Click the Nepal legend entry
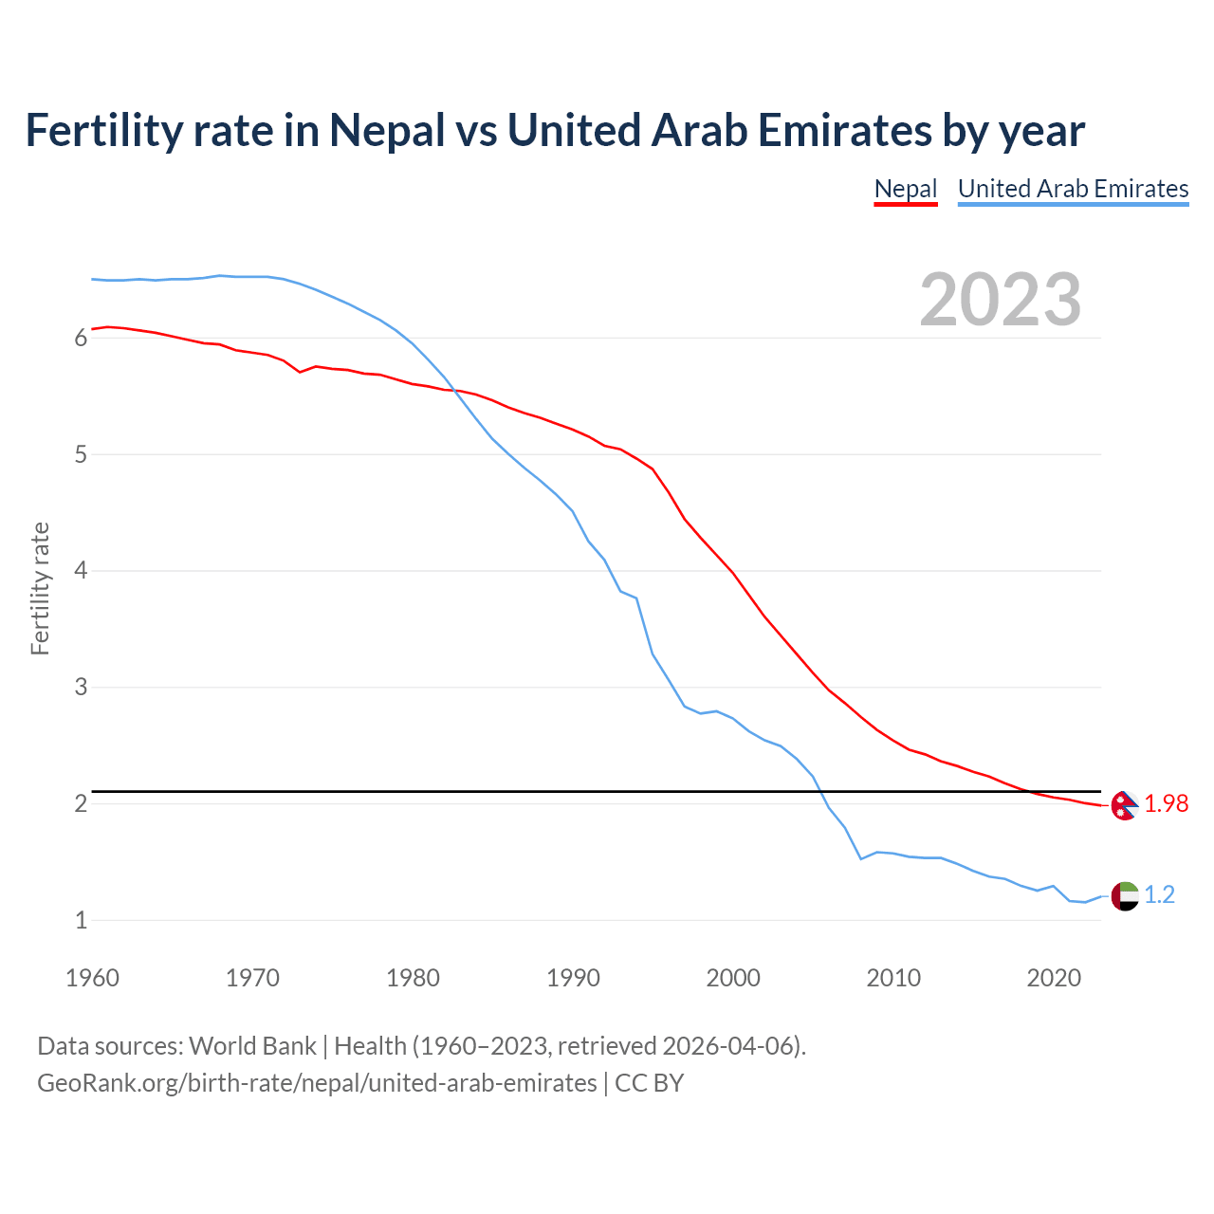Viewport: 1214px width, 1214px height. point(905,189)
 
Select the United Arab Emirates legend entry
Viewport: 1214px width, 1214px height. point(1073,189)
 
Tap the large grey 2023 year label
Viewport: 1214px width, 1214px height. point(1000,300)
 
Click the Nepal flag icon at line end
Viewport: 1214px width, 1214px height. point(1124,805)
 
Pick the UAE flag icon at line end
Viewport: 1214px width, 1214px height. point(1124,895)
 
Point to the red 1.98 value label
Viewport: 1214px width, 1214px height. point(1166,804)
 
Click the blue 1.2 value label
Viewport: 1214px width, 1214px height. point(1159,895)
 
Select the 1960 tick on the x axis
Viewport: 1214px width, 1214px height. point(92,978)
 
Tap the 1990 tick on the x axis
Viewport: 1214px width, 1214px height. point(573,978)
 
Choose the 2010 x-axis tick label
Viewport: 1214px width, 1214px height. point(893,978)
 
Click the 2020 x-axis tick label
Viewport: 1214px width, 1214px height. point(1054,978)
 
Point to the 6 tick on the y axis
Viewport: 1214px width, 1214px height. point(81,339)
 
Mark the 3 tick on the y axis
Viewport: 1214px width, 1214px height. point(81,688)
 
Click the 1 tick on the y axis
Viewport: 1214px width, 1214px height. point(81,920)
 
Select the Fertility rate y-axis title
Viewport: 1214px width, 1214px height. point(40,588)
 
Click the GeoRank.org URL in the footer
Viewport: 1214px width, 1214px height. point(317,1083)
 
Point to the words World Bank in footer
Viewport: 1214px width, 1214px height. point(252,1046)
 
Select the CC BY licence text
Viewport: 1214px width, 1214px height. point(650,1083)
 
